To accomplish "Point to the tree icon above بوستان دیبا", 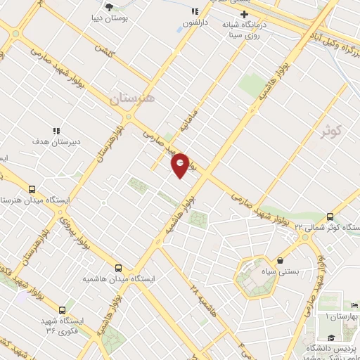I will pyautogui.click(x=109, y=6).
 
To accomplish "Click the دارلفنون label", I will pyautogui.click(x=196, y=22).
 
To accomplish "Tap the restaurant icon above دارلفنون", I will pyautogui.click(x=195, y=12).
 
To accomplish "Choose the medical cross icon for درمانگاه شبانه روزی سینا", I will pyautogui.click(x=244, y=14).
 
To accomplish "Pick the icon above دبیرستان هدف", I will pyautogui.click(x=56, y=130).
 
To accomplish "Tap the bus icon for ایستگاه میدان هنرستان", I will pyautogui.click(x=32, y=189).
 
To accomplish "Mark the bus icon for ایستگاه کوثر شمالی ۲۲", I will pyautogui.click(x=330, y=216).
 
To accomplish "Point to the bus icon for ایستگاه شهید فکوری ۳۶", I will pyautogui.click(x=63, y=309).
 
